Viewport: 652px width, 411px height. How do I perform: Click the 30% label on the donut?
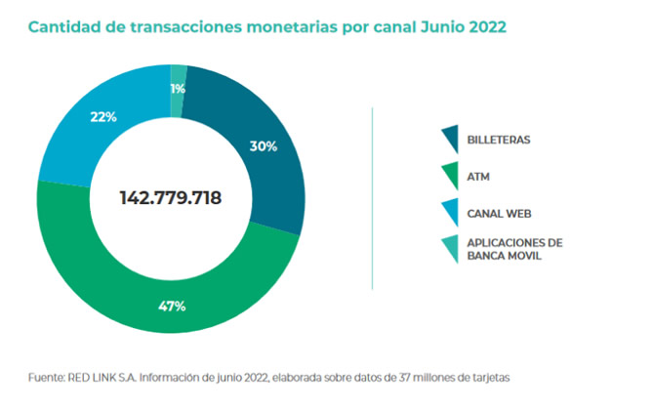pyautogui.click(x=264, y=146)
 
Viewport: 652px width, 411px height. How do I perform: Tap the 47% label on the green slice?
pyautogui.click(x=172, y=306)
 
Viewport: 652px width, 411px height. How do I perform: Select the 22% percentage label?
pyautogui.click(x=103, y=117)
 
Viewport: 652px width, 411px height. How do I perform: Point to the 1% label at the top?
pyautogui.click(x=178, y=89)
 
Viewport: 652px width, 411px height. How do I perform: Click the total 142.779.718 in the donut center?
pyautogui.click(x=171, y=197)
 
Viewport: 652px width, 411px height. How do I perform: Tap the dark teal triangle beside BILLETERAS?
pyautogui.click(x=450, y=140)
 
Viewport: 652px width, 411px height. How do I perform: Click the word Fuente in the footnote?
pyautogui.click(x=45, y=377)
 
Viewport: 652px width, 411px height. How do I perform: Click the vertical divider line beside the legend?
pyautogui.click(x=373, y=197)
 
